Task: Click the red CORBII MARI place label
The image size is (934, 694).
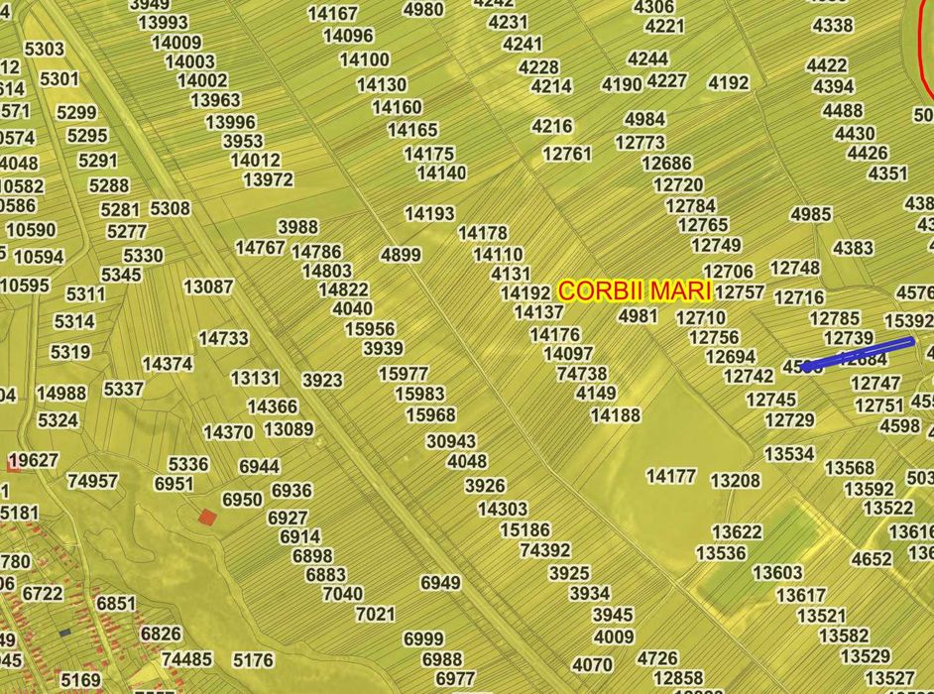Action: point(635,291)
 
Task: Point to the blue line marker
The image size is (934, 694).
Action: point(859,354)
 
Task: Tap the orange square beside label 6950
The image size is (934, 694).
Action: point(206,517)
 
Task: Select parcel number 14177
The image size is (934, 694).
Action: point(671,477)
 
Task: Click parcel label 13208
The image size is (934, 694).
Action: point(736,481)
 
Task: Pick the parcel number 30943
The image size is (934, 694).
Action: point(451,441)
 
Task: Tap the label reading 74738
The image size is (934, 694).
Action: point(582,374)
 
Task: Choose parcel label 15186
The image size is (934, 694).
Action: point(525,530)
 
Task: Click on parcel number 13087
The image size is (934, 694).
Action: point(208,288)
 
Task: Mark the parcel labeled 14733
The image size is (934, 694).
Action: point(223,338)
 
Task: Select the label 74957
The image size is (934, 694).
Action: point(92,481)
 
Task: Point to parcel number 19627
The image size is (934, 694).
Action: point(33,460)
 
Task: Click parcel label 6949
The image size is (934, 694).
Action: point(440,583)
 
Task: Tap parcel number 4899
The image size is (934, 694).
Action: point(401,255)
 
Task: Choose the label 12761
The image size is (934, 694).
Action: point(567,154)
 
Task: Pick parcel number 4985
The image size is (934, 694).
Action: point(811,214)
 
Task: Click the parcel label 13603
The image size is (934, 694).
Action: point(777,573)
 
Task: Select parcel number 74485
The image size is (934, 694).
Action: point(186,659)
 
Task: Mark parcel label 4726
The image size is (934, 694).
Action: point(657,658)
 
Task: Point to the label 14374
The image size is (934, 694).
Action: point(168,364)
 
